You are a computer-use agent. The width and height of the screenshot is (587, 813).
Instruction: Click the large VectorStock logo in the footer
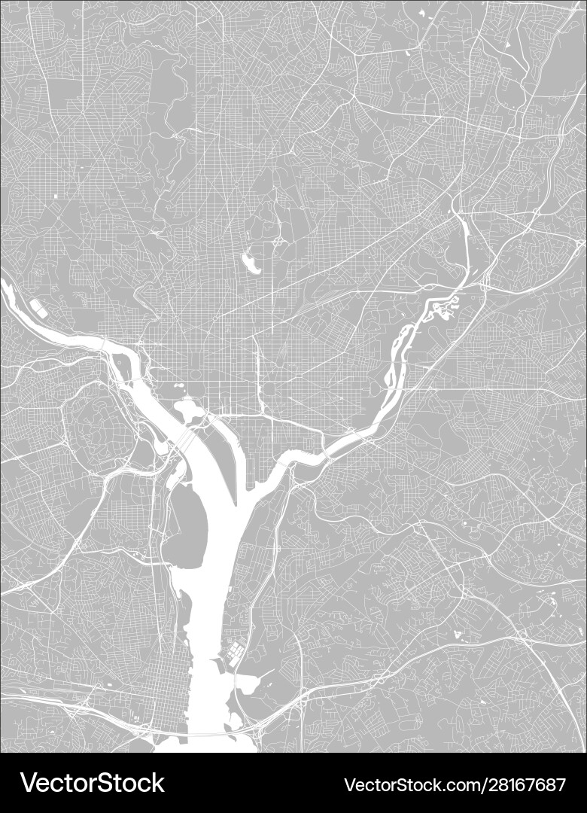(x=92, y=783)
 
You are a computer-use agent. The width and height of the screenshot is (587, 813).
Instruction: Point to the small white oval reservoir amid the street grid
(x=249, y=263)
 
